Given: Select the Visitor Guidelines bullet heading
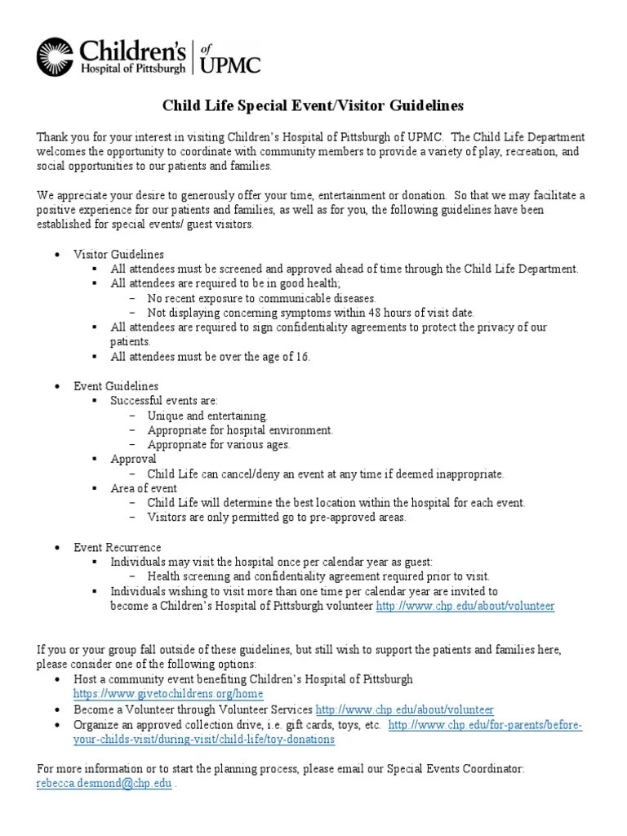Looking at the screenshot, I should point(118,255).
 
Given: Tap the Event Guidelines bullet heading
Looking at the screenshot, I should point(116,385).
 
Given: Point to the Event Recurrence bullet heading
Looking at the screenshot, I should point(118,547).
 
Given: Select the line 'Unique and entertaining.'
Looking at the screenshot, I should point(207,416).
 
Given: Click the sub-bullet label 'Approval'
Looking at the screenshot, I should point(133,459).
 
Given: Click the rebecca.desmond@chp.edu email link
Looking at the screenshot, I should point(104,783).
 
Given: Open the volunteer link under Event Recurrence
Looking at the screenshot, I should point(465,606).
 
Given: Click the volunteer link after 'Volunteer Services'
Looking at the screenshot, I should point(404,709).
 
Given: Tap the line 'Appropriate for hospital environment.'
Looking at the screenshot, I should point(240,430).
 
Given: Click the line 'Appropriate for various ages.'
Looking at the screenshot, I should point(219,445).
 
